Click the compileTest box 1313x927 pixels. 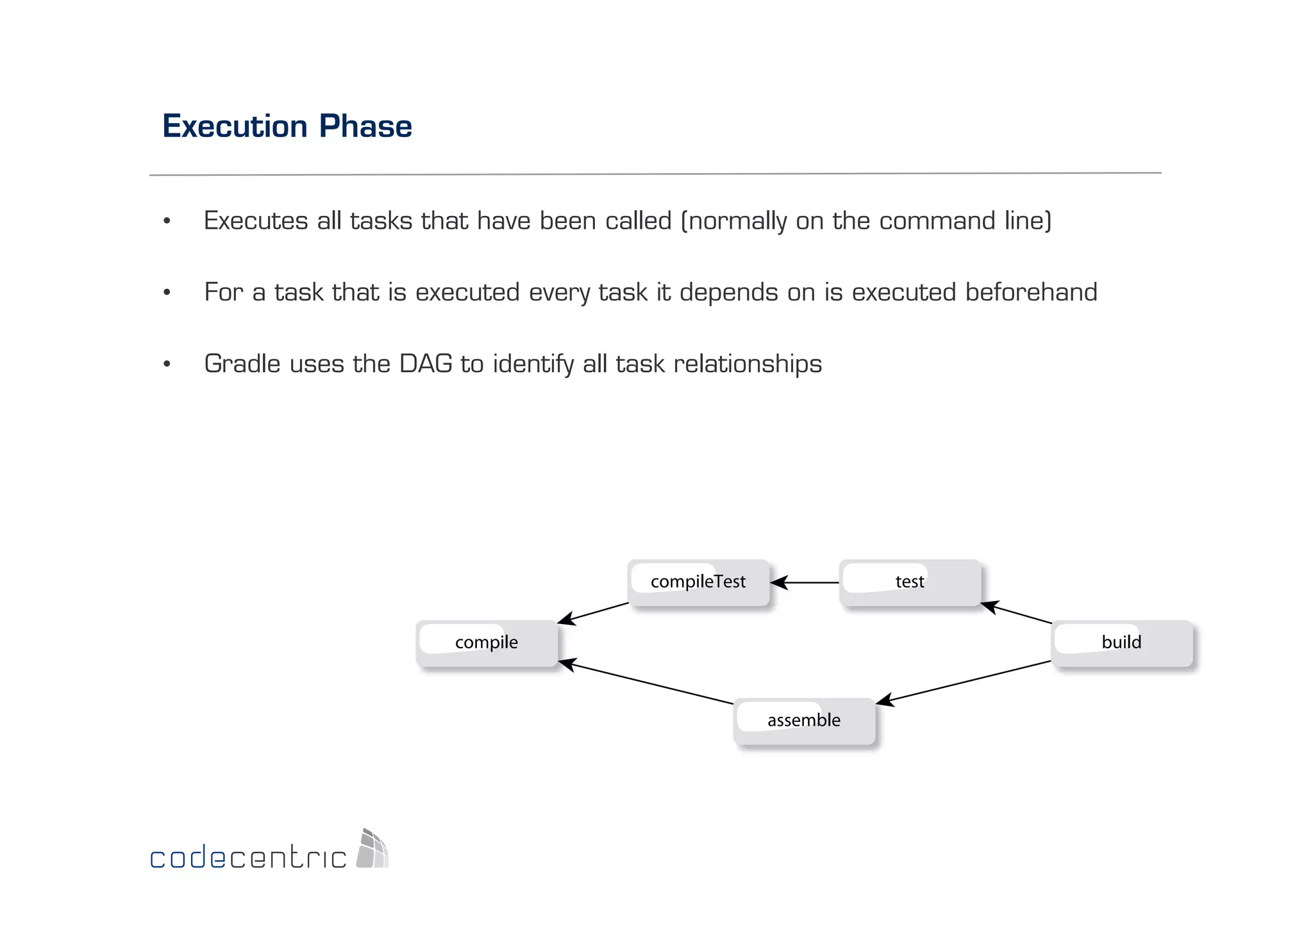tap(698, 582)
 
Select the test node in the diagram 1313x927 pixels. tap(910, 582)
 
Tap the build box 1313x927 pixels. tap(1122, 643)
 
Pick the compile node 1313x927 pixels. tap(487, 643)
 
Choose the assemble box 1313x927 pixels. tap(804, 721)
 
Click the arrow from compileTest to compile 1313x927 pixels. tap(593, 613)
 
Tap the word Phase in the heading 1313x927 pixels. tap(365, 126)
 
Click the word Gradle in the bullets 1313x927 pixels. tap(242, 364)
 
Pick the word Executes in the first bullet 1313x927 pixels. tap(256, 221)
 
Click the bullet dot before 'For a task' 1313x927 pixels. tap(167, 293)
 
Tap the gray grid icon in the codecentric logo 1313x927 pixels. tap(372, 849)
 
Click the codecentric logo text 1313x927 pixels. tap(248, 857)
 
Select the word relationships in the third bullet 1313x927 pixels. tap(748, 364)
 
